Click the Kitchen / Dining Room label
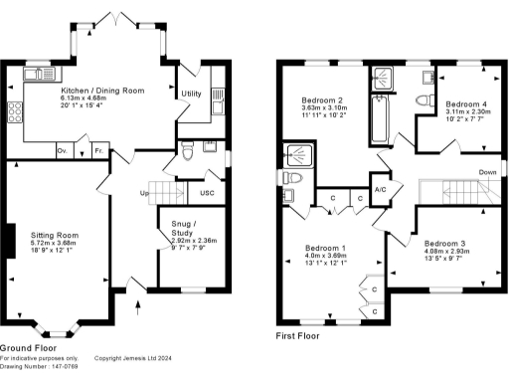tap(102, 91)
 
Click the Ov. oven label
tap(62, 150)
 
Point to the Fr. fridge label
tap(98, 150)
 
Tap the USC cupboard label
tap(207, 192)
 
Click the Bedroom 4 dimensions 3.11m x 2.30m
tap(466, 114)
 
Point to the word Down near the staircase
tap(488, 171)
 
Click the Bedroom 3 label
tap(444, 243)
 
